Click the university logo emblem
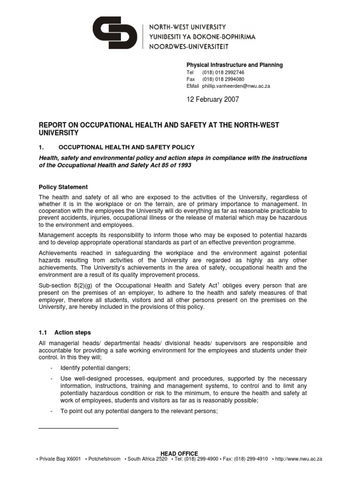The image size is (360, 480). pyautogui.click(x=115, y=32)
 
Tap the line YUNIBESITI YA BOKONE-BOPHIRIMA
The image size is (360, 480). pyautogui.click(x=202, y=37)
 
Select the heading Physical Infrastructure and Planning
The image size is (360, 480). pyautogui.click(x=234, y=65)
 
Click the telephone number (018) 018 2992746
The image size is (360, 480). pyautogui.click(x=223, y=73)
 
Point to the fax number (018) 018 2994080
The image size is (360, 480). pyautogui.click(x=223, y=79)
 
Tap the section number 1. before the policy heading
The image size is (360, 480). pyautogui.click(x=40, y=147)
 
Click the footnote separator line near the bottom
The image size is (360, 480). pyautogui.click(x=78, y=428)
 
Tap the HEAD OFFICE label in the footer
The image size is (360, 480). pyautogui.click(x=179, y=453)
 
